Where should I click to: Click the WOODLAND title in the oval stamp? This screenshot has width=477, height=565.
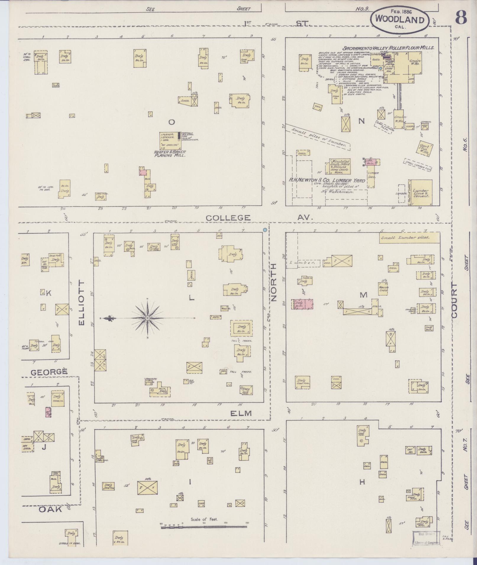pyautogui.click(x=399, y=20)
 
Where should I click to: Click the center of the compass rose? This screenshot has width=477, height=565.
pyautogui.click(x=147, y=318)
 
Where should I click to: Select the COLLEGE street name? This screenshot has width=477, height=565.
pyautogui.click(x=228, y=218)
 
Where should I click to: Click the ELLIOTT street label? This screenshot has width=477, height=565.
pyautogui.click(x=82, y=303)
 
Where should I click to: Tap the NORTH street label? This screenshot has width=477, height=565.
pyautogui.click(x=273, y=282)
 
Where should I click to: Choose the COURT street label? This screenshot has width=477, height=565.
pyautogui.click(x=454, y=301)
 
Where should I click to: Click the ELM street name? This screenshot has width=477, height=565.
pyautogui.click(x=241, y=413)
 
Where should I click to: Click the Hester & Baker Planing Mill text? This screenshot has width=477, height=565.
pyautogui.click(x=170, y=153)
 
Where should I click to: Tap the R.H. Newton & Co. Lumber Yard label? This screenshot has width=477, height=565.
pyautogui.click(x=327, y=180)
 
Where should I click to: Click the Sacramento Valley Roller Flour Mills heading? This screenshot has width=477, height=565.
pyautogui.click(x=388, y=48)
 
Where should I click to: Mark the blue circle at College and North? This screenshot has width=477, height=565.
pyautogui.click(x=265, y=230)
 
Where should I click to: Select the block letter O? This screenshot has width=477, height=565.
pyautogui.click(x=171, y=122)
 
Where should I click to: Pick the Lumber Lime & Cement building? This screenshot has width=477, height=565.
pyautogui.click(x=421, y=192)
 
